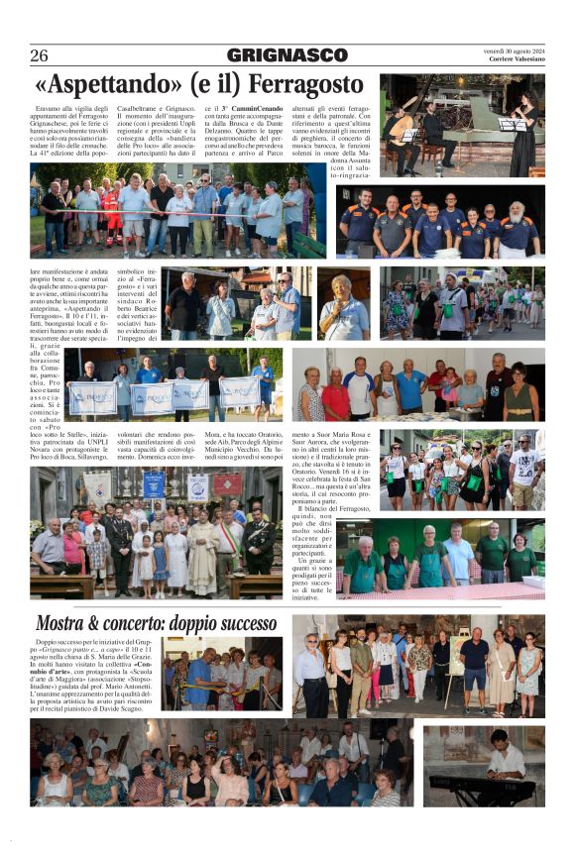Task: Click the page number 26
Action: (40, 55)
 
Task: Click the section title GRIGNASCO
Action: (287, 55)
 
